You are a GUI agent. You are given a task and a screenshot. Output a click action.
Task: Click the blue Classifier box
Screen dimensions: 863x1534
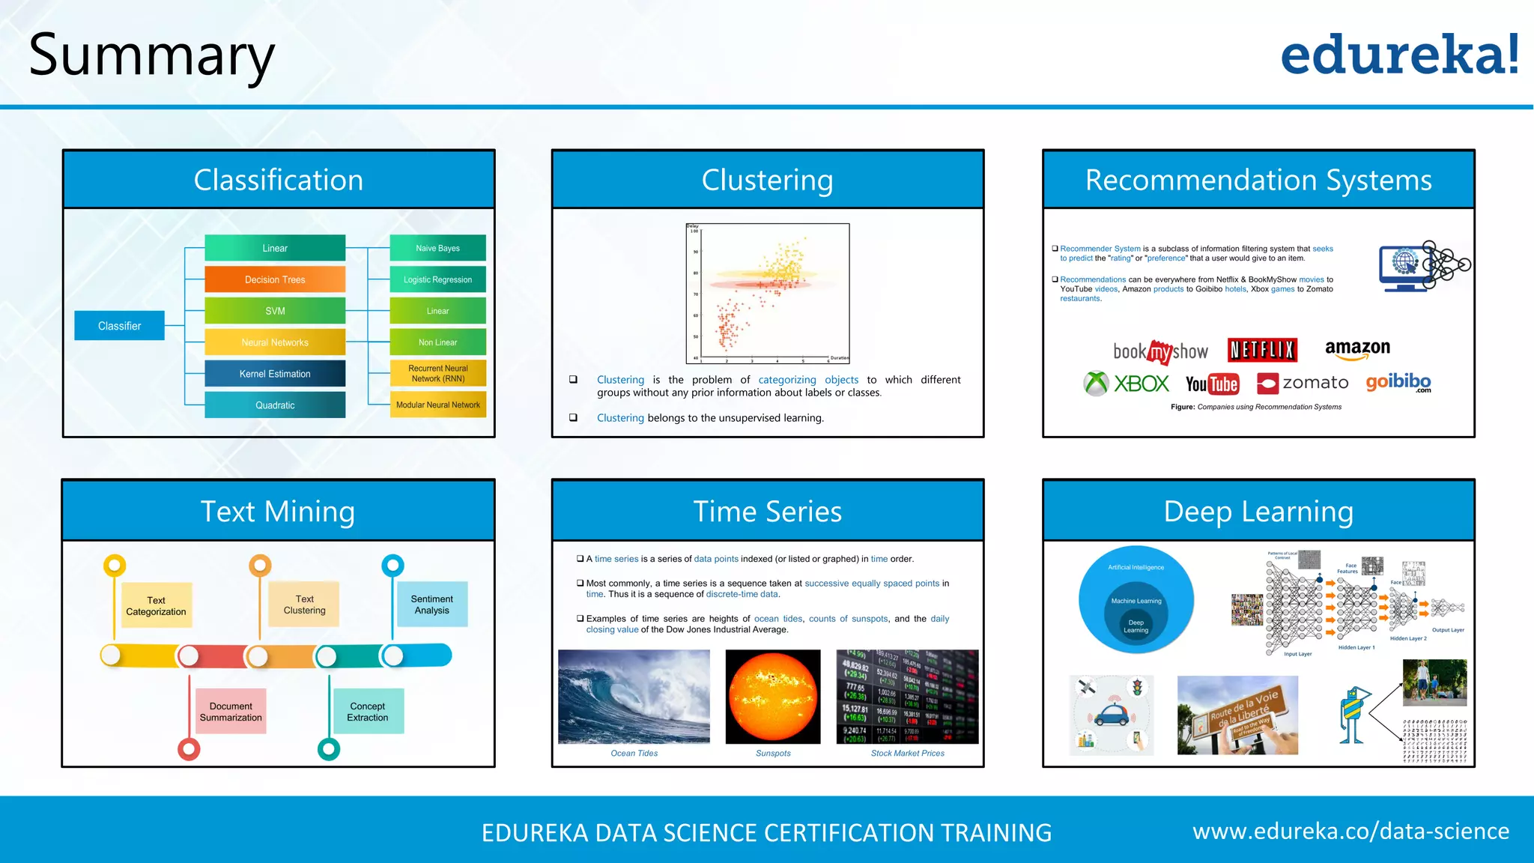(x=119, y=326)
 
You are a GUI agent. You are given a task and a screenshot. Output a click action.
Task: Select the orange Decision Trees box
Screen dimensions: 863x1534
(x=275, y=279)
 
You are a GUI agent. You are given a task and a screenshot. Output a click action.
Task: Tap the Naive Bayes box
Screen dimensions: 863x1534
(x=437, y=248)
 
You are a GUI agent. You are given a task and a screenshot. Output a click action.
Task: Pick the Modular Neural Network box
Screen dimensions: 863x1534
(x=437, y=405)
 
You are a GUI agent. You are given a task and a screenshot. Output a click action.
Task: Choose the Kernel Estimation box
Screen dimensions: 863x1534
(x=275, y=374)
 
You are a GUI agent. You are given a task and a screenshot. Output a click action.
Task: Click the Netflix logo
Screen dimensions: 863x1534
(x=1262, y=350)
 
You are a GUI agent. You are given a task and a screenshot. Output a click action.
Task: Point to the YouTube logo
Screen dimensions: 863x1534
(x=1212, y=384)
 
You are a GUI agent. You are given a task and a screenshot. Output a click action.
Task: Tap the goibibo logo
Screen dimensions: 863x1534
(x=1398, y=382)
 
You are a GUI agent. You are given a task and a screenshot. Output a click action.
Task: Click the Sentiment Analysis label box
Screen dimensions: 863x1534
(x=432, y=604)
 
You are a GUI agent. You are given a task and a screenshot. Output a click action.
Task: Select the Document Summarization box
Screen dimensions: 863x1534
(x=231, y=711)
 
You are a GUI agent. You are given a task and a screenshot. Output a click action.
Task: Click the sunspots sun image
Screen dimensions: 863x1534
(x=773, y=697)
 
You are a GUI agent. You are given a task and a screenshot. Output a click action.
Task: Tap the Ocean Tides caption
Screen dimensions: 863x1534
(x=634, y=753)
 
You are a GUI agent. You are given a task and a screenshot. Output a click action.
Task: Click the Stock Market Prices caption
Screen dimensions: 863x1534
(x=907, y=753)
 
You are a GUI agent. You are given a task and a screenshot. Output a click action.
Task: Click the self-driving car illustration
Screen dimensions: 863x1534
(x=1112, y=715)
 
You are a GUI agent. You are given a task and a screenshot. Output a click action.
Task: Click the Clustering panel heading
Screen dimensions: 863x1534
(x=767, y=180)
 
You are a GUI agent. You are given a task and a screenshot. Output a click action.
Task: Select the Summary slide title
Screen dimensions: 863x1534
(x=152, y=56)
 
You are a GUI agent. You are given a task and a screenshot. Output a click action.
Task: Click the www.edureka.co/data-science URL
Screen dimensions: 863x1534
(x=1350, y=831)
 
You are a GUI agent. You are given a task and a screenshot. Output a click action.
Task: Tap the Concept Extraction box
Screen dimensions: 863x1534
(x=367, y=711)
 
